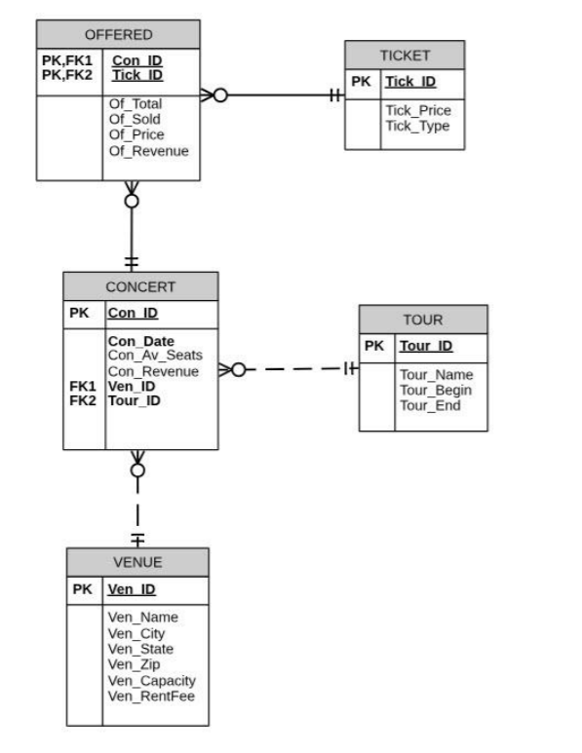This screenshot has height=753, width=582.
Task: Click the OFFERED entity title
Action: [x=118, y=35]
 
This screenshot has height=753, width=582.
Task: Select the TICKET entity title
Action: [x=405, y=56]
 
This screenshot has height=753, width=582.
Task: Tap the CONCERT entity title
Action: [x=140, y=286]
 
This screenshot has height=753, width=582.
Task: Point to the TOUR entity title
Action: [x=423, y=320]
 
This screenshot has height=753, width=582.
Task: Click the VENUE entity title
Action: [x=136, y=562]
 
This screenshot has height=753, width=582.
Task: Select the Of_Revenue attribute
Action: [x=148, y=151]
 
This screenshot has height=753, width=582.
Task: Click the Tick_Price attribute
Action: [x=418, y=110]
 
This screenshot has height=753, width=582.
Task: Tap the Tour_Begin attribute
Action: [x=436, y=390]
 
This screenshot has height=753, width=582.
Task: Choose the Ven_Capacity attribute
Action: [x=151, y=680]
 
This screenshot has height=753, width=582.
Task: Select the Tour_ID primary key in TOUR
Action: [x=426, y=346]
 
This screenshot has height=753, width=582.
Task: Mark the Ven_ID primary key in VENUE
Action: [x=131, y=589]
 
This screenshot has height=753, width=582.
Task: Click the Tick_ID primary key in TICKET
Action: [x=410, y=81]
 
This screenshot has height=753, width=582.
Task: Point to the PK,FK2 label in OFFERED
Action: [x=66, y=75]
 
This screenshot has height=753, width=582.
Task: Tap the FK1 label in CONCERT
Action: [x=82, y=386]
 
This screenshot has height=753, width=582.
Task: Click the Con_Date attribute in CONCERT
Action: [x=141, y=341]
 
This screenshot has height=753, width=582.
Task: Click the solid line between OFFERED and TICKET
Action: [x=283, y=95]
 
